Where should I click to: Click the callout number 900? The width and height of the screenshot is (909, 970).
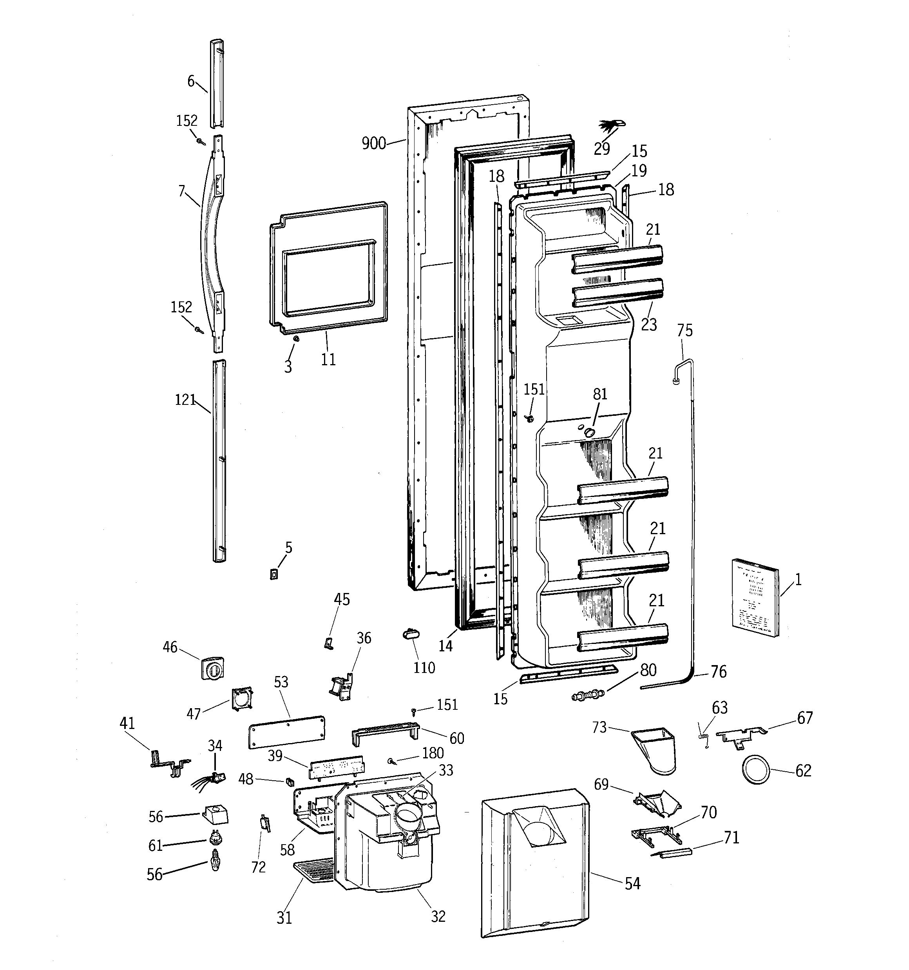click(373, 143)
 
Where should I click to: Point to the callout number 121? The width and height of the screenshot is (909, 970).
click(185, 400)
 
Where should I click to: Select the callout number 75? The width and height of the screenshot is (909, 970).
click(684, 331)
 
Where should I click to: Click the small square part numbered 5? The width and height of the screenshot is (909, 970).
click(274, 575)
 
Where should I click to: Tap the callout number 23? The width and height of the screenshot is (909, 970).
click(648, 325)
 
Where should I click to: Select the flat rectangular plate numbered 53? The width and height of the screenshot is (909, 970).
click(286, 731)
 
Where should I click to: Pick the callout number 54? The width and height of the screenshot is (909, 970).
click(632, 883)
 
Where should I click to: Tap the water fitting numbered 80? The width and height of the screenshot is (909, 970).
click(588, 694)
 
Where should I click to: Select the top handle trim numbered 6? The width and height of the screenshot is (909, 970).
click(217, 83)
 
